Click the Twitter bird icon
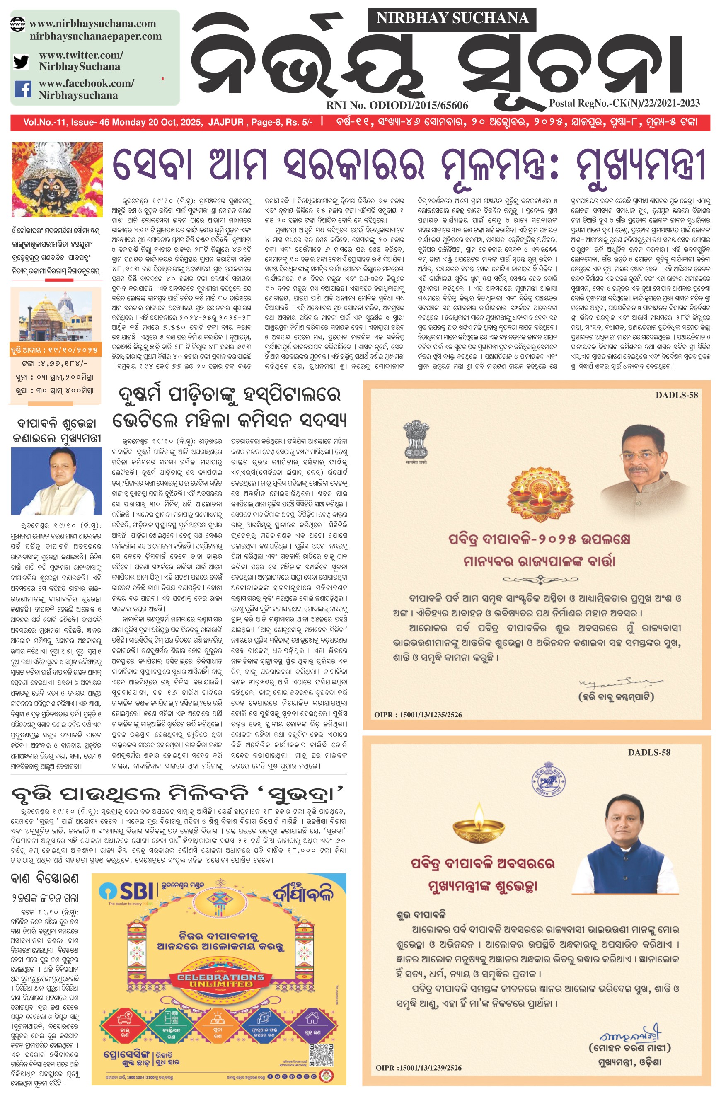[x=21, y=61]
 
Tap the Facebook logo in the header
[x=23, y=89]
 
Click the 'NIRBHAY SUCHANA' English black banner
[x=452, y=18]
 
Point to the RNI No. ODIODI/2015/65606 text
[x=397, y=105]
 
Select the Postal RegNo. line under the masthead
[x=624, y=103]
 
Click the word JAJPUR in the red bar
[x=225, y=123]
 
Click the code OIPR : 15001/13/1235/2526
[x=418, y=714]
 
